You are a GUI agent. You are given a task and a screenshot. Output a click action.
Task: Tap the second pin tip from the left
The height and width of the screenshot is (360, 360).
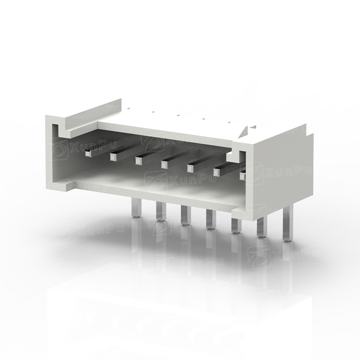(113, 157)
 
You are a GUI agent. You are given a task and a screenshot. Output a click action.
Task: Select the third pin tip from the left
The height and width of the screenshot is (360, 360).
(139, 161)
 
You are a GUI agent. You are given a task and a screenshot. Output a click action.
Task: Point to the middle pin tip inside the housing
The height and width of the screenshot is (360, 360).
(164, 164)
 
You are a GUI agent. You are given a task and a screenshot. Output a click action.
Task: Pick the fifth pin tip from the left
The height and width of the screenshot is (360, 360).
(190, 168)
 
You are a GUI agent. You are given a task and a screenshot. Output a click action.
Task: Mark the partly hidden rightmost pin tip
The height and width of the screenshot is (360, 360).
(243, 176)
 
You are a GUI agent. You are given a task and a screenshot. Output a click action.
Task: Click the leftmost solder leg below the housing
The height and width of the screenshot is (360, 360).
(136, 207)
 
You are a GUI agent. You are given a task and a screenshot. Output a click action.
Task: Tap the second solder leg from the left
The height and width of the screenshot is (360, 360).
(161, 211)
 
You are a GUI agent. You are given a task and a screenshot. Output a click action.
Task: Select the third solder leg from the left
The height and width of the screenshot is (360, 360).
(185, 216)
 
